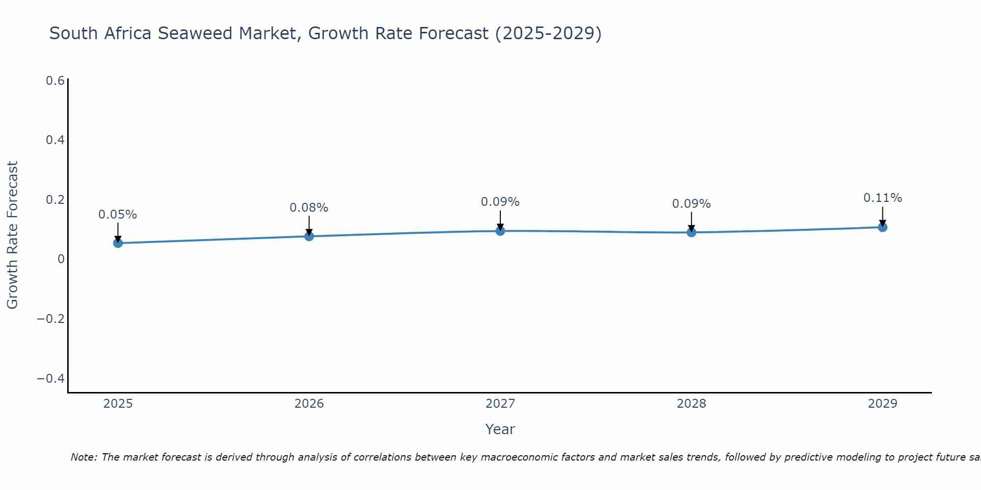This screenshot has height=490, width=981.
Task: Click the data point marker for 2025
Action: click(x=118, y=243)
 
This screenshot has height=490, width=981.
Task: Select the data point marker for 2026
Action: click(x=309, y=236)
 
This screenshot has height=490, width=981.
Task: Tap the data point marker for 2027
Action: click(x=500, y=231)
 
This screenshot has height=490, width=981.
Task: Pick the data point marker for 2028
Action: click(x=691, y=232)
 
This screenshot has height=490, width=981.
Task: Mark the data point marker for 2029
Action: click(x=882, y=227)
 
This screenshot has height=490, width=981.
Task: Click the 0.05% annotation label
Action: click(x=118, y=215)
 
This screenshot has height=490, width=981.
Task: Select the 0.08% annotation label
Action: click(x=309, y=208)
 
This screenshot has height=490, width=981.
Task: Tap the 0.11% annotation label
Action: click(x=882, y=198)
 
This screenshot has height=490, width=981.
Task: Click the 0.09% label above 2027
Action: click(x=500, y=202)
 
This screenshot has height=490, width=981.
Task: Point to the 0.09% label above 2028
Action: click(x=691, y=204)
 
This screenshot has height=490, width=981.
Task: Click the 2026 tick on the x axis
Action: click(x=309, y=404)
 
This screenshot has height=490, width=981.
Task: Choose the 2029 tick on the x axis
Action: click(x=882, y=404)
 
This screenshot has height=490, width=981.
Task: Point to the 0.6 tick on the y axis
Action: click(x=55, y=81)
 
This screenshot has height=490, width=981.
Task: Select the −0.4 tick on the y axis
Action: click(x=51, y=379)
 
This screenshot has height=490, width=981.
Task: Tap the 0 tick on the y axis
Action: click(x=61, y=259)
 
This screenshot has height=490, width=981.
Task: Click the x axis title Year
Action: click(x=500, y=429)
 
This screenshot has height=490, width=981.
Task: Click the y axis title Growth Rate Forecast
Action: click(x=12, y=235)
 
